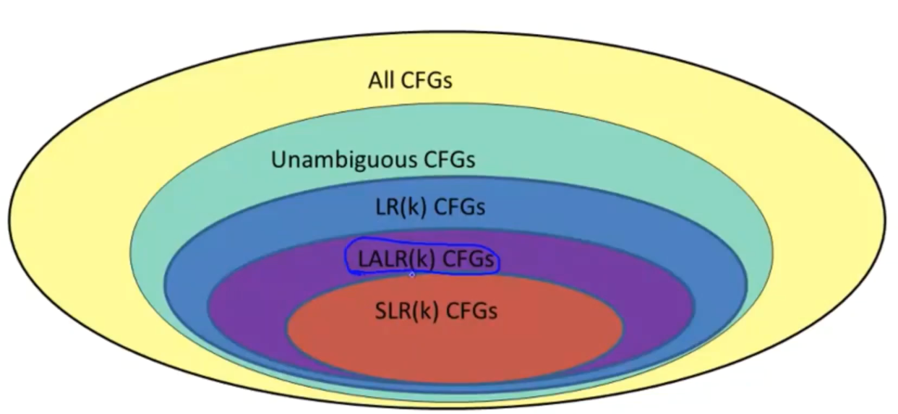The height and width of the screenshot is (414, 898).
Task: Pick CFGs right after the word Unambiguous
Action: pyautogui.click(x=449, y=159)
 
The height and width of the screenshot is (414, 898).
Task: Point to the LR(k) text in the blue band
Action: pyautogui.click(x=397, y=207)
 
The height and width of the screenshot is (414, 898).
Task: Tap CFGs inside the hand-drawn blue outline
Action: pyautogui.click(x=469, y=258)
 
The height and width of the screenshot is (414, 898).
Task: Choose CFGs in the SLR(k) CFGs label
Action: pyautogui.click(x=471, y=311)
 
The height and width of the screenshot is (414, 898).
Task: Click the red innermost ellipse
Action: pyautogui.click(x=456, y=347)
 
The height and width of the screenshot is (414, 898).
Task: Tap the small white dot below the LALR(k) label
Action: pyautogui.click(x=412, y=275)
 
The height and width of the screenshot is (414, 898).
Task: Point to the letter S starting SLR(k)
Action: pyautogui.click(x=381, y=311)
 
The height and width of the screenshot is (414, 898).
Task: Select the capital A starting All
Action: pyautogui.click(x=375, y=79)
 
